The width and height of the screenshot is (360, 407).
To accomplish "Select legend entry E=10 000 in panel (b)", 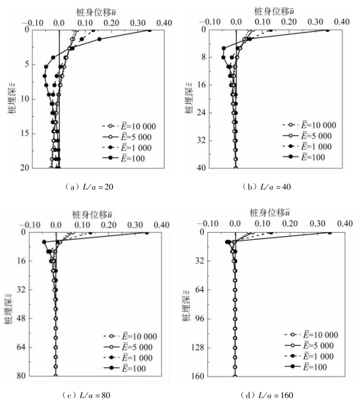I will point(308,125).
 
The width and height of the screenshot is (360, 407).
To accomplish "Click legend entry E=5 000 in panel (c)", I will point(128,346).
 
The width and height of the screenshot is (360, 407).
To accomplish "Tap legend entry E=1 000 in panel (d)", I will point(307,355).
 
